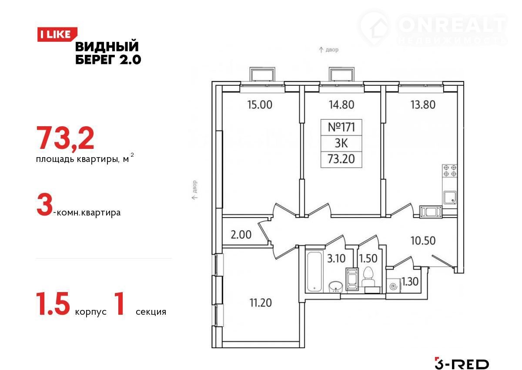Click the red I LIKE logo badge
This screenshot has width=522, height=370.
coord(57,34)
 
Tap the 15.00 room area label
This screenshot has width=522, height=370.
coord(260,104)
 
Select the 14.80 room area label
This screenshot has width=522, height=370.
coord(341,104)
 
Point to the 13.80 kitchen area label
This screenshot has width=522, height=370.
coord(423,104)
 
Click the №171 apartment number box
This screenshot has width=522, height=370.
coord(341,127)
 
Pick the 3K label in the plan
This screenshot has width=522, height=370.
coord(341,143)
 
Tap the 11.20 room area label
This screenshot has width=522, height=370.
coord(261,303)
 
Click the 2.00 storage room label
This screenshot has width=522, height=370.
coord(241,235)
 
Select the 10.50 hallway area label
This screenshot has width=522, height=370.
coord(423,241)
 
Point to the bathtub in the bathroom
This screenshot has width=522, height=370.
coord(315,271)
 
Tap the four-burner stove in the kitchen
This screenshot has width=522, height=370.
coord(449,171)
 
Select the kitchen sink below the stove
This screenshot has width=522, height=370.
coord(450,198)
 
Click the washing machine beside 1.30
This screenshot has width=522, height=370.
coord(394,286)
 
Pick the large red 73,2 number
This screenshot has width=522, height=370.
coord(65,138)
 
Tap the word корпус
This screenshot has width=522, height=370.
coord(90,312)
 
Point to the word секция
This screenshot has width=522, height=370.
coord(151,312)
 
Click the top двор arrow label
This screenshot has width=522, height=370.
coord(328,50)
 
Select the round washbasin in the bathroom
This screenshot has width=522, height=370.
coord(335,286)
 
